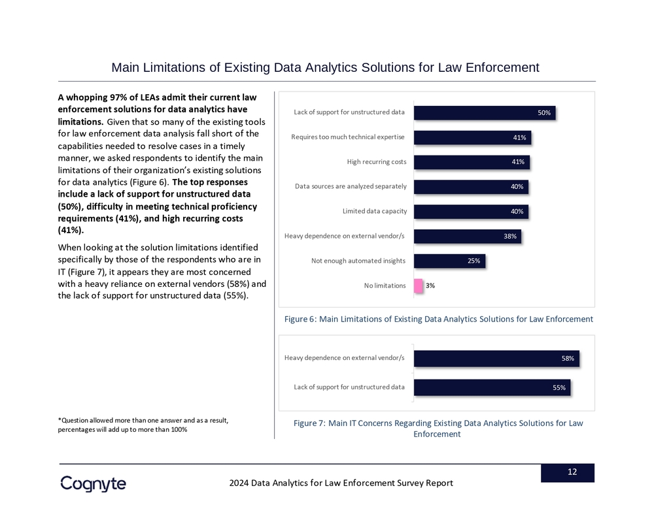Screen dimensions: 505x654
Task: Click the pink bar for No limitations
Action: (419, 285)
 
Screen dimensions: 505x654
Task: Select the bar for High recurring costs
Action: (472, 162)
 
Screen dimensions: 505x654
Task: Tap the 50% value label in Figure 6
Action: (544, 113)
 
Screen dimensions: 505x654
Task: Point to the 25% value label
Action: (474, 261)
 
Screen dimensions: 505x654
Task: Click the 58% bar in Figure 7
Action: (496, 359)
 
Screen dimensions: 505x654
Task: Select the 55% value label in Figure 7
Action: (559, 387)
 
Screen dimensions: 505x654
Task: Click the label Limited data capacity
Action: (375, 212)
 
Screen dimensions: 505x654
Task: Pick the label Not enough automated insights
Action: (358, 261)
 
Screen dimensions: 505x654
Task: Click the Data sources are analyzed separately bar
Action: (470, 187)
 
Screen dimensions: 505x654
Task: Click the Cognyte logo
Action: (93, 483)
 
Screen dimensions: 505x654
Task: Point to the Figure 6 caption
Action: (439, 319)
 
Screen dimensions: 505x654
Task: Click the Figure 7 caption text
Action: (438, 429)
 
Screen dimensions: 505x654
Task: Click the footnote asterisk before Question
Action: (60, 419)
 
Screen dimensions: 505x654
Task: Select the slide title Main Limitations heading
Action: (325, 67)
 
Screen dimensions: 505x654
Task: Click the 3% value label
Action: (430, 285)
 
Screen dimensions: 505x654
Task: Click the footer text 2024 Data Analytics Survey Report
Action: (341, 483)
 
